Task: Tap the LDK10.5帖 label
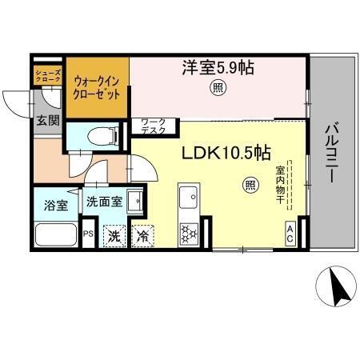click(x=227, y=154)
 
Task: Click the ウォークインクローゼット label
click(x=97, y=86)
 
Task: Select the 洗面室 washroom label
click(x=104, y=202)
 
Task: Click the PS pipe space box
click(x=89, y=235)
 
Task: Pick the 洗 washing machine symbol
click(x=114, y=237)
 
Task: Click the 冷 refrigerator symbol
click(x=142, y=237)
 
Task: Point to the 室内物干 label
click(x=282, y=184)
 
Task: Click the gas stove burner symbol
click(x=190, y=234)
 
